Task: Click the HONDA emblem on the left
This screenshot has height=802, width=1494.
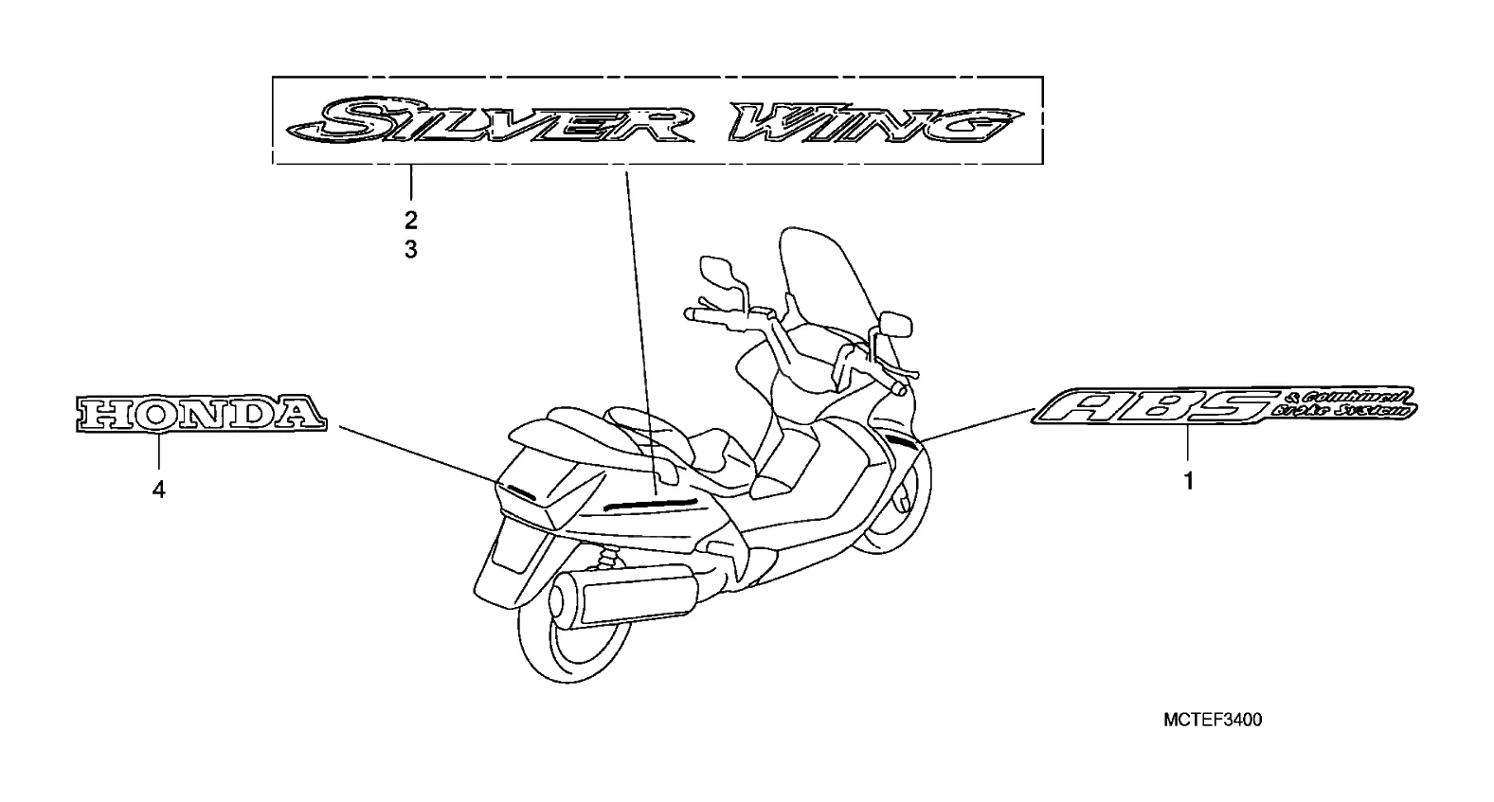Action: coord(200,413)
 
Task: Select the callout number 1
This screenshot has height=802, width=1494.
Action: coord(1187,481)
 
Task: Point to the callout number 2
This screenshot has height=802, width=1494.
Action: coord(410,221)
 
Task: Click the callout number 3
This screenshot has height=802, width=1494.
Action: coord(410,250)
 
